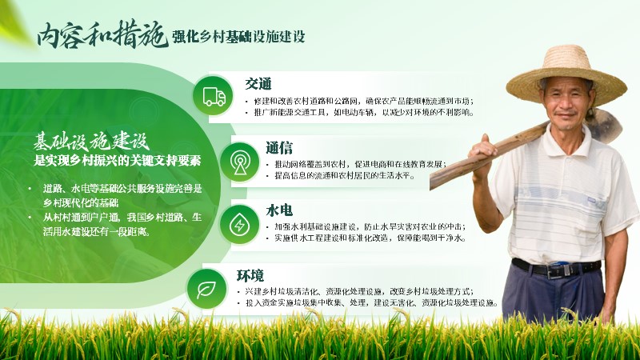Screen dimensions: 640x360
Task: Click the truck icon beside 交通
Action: pos(214,97)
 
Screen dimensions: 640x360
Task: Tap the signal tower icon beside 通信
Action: pos(240,162)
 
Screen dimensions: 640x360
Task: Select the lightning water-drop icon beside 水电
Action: pos(239,225)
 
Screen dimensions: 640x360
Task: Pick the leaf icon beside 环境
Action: pos(206,290)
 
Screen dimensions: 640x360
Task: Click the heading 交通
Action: pos(258,84)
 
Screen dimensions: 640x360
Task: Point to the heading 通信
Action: pos(279,148)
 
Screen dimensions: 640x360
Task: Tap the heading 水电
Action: pos(279,210)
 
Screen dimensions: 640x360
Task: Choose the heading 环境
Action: pos(250,276)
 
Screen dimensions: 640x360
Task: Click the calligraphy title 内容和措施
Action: pos(102,34)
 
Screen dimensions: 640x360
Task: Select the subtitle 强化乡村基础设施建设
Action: pos(238,37)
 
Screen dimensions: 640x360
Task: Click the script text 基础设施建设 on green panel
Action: pos(91,142)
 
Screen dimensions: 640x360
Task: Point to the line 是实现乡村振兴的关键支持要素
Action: pos(117,161)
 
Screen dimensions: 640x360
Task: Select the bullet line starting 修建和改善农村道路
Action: pos(359,102)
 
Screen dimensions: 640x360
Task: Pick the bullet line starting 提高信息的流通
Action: pos(341,176)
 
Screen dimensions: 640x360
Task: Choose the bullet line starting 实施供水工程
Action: pos(366,238)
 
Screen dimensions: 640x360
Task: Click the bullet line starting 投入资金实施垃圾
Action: pos(367,303)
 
